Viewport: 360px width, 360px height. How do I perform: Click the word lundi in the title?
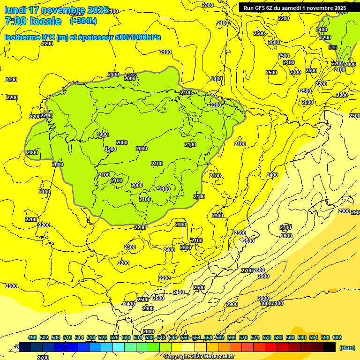(x=15, y=10)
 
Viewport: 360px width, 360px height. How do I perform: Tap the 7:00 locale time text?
(x=33, y=21)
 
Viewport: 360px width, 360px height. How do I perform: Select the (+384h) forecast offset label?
(x=83, y=21)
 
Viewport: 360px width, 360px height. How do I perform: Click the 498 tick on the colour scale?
(x=32, y=337)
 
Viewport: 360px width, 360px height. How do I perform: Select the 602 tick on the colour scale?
(x=337, y=337)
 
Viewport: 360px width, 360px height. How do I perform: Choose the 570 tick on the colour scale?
(x=243, y=337)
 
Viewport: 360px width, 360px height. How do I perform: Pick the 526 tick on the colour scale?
(x=114, y=337)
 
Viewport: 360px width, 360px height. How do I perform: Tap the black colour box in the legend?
(x=330, y=347)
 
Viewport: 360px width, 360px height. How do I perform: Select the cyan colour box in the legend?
(x=119, y=347)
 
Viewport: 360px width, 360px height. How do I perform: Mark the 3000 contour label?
(x=265, y=303)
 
